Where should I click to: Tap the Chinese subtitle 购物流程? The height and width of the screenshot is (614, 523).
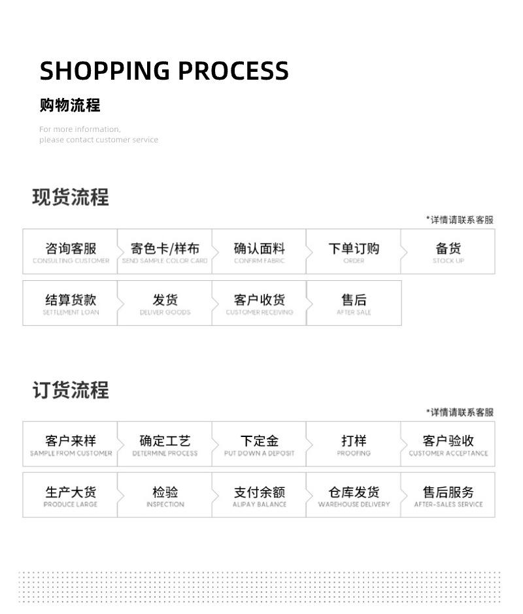coord(70,105)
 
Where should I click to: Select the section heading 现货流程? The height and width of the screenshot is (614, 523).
coord(71,197)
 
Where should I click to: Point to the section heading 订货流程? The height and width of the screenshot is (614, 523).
coord(71,390)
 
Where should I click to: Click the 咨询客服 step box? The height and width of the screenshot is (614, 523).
coord(71,252)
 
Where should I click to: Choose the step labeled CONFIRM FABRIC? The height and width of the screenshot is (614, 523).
coord(260,252)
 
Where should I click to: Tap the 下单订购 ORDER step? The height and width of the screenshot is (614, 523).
coord(354,252)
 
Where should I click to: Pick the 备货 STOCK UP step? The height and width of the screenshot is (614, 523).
coord(448,252)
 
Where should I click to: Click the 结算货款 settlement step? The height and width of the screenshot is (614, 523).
coord(71,304)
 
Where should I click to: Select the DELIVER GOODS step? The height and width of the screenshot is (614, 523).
coord(165,304)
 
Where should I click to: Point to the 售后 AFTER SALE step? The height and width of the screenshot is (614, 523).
coord(354,304)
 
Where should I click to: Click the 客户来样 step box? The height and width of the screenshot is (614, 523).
coord(71,445)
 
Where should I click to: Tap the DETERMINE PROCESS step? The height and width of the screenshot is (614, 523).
coord(165,445)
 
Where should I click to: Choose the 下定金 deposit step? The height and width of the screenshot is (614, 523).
coord(260,445)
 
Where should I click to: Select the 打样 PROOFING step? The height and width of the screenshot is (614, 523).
coord(354,445)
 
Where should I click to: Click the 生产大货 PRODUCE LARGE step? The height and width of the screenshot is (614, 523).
coord(71,496)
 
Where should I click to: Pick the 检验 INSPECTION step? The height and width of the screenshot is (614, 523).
coord(165,496)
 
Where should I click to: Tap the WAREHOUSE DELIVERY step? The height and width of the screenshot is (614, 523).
coord(354,496)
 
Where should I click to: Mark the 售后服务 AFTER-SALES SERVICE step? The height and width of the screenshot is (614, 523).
coord(448,496)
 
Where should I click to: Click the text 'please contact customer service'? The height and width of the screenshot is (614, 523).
coord(99,140)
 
